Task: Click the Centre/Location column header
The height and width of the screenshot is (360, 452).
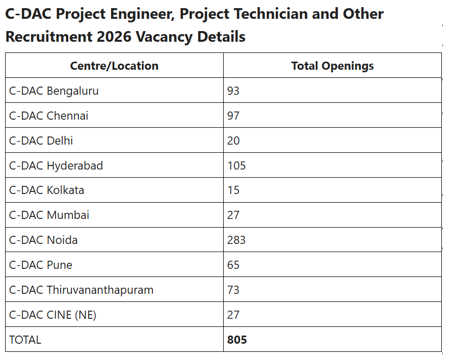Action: (114, 66)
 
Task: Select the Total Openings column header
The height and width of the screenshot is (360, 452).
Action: (332, 66)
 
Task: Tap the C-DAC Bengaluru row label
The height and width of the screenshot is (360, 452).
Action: (54, 91)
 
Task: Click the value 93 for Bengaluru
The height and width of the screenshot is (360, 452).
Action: (233, 91)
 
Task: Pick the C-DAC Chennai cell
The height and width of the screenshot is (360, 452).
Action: (49, 116)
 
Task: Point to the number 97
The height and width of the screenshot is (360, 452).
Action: (233, 116)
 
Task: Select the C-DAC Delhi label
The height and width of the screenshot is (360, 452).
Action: (41, 141)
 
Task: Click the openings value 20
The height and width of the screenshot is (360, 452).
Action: (233, 141)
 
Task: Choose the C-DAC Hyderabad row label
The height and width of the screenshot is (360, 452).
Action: (56, 165)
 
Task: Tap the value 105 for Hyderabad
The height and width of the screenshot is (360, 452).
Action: (236, 165)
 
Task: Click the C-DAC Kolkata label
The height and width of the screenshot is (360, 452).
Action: (47, 190)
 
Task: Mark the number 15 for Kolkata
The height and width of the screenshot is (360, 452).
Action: (233, 190)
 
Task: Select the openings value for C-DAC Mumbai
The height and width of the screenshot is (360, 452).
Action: (233, 215)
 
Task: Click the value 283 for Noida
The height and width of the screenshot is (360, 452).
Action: (236, 240)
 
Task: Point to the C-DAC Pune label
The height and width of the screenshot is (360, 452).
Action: (41, 265)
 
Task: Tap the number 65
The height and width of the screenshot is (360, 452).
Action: (233, 265)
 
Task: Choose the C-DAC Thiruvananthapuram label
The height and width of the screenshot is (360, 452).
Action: (82, 290)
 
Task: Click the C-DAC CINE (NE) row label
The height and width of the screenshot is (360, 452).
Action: (53, 315)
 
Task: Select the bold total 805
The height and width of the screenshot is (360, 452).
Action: (237, 340)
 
